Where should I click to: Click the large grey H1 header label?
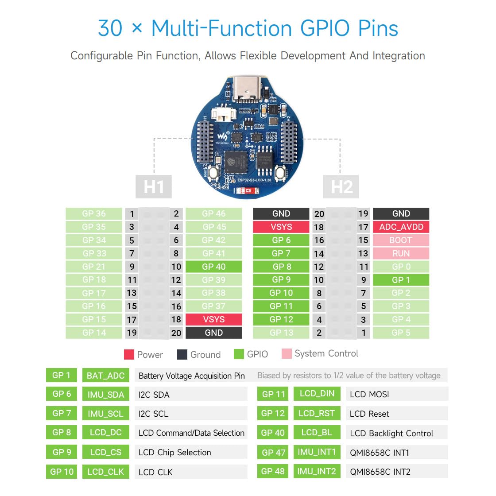pyautogui.click(x=154, y=187)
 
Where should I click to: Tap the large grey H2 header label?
pyautogui.click(x=341, y=187)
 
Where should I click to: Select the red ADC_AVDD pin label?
pyautogui.click(x=401, y=227)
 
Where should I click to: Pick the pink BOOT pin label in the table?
pyautogui.click(x=401, y=240)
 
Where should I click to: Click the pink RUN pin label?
pyautogui.click(x=401, y=253)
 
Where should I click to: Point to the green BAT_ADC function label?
pyautogui.click(x=105, y=376)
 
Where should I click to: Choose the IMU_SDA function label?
pyautogui.click(x=105, y=394)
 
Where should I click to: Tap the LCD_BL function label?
pyautogui.click(x=317, y=432)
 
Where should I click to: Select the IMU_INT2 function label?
pyautogui.click(x=317, y=471)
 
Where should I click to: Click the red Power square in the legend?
pyautogui.click(x=129, y=354)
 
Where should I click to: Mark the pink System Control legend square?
pyautogui.click(x=287, y=353)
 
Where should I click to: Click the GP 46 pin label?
pyautogui.click(x=214, y=213)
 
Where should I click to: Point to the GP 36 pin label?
pyautogui.click(x=94, y=213)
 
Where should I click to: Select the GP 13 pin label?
pyautogui.click(x=281, y=333)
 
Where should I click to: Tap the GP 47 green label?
pyautogui.click(x=273, y=452)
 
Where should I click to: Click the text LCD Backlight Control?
pyautogui.click(x=391, y=433)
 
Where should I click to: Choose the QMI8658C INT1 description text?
pyautogui.click(x=380, y=453)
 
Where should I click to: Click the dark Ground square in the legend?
pyautogui.click(x=182, y=354)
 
